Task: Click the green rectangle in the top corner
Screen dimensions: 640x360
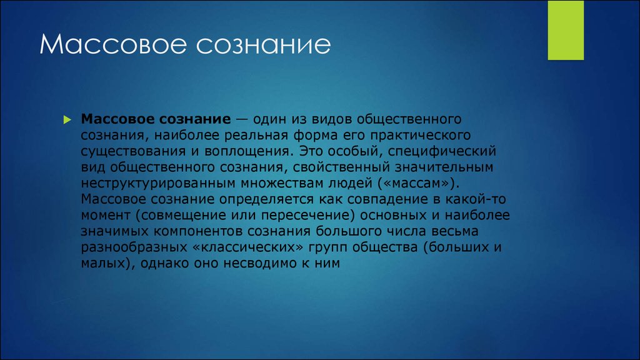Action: pos(566,30)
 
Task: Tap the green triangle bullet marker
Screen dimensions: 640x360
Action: pos(67,119)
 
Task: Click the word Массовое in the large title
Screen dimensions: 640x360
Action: pos(113,44)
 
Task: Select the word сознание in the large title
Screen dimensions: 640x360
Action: pos(263,45)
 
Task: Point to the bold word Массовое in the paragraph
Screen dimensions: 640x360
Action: pos(117,119)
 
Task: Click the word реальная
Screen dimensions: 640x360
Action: pos(256,135)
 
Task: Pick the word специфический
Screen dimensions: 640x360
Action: pos(442,151)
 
